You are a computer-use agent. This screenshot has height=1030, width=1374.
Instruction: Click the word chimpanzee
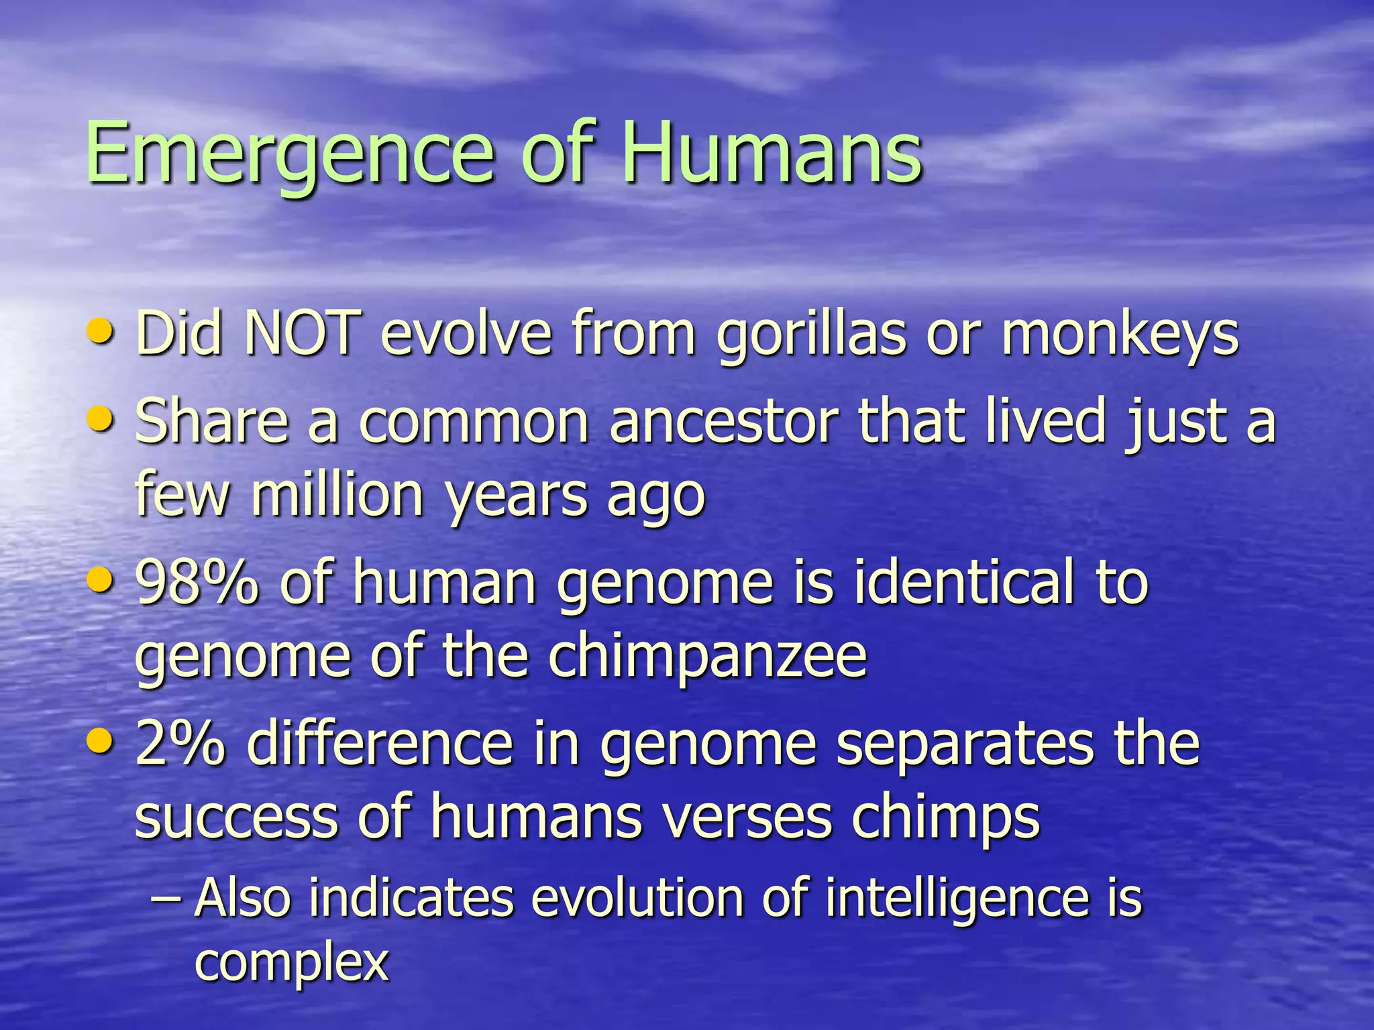708,657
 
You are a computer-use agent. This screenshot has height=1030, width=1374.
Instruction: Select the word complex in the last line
292,962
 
